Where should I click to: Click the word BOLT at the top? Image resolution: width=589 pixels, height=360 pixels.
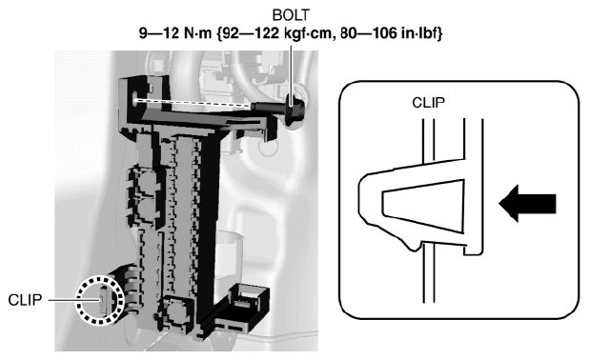[291, 15]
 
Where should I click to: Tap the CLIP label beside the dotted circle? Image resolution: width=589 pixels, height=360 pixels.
[25, 300]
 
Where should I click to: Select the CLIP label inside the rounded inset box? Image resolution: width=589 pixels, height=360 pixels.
[428, 103]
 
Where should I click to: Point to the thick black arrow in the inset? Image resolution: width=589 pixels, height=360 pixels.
[527, 204]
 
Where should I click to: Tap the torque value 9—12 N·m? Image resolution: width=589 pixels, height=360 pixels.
[175, 33]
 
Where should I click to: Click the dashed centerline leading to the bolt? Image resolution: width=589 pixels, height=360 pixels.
[193, 103]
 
